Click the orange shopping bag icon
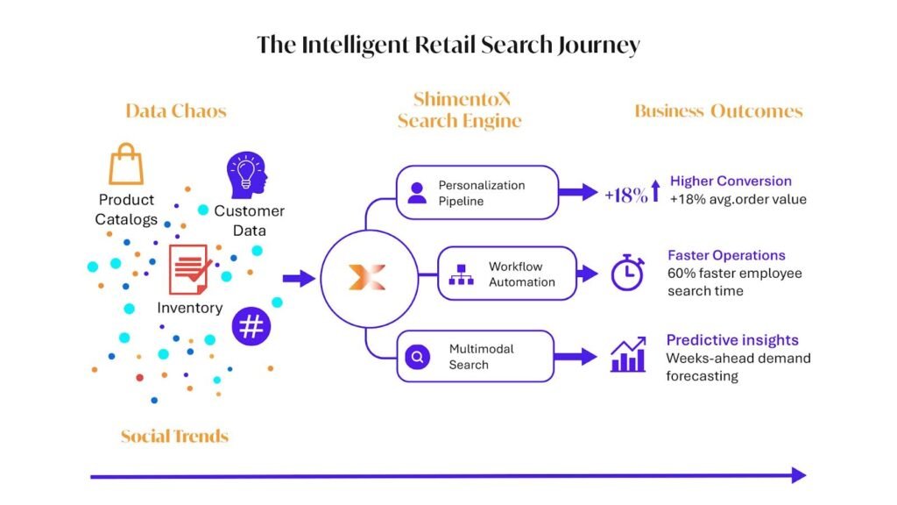point(126,164)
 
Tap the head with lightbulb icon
point(246,175)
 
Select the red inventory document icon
point(189,269)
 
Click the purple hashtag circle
point(251,326)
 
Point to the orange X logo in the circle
point(367,278)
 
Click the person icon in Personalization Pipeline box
point(417,193)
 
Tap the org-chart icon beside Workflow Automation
point(461,274)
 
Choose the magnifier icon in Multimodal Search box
point(418,358)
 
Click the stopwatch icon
point(627,273)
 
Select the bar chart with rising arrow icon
point(628,354)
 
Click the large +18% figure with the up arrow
point(632,193)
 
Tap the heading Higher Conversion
point(731,181)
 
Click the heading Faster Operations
point(726,255)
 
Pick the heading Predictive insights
point(732,340)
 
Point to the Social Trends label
point(174,437)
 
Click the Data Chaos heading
point(176,110)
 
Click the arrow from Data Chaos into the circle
point(299,279)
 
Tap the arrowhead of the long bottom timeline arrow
point(799,475)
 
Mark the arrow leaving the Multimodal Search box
point(576,356)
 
